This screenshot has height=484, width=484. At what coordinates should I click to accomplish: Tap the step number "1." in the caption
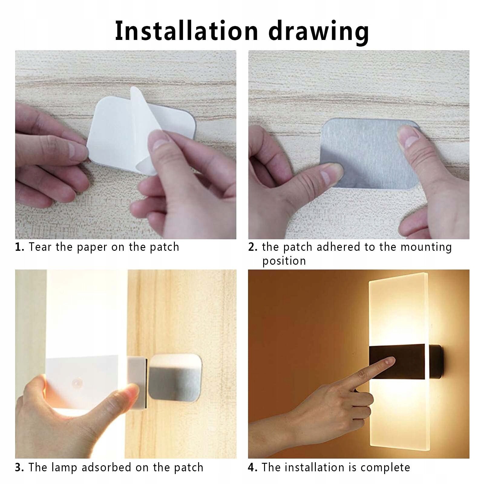20,247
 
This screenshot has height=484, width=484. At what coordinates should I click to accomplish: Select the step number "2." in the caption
253,247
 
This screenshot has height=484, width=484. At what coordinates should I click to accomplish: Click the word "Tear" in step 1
41,247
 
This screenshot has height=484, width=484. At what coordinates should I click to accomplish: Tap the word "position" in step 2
284,261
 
